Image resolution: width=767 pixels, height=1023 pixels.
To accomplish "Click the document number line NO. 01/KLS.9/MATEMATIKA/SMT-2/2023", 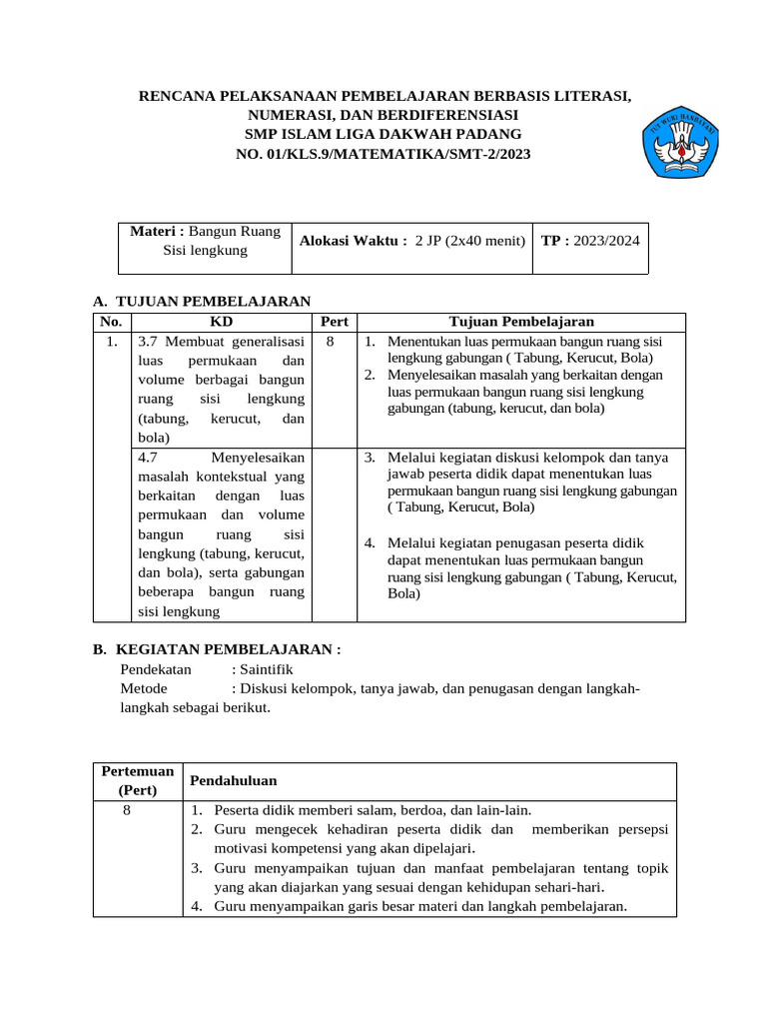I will coord(383,154).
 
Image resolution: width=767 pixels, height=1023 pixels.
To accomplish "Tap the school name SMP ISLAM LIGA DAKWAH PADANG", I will coord(383,134).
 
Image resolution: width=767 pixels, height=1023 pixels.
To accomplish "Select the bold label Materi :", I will coord(158,231).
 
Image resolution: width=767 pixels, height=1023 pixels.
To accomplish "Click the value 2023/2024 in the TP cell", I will coord(606,241).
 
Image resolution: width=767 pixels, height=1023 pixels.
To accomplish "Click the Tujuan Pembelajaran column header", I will coord(521,322).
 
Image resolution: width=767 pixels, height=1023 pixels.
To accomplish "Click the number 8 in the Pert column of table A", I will coord(329,341).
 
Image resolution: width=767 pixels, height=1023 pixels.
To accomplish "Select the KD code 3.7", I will coord(150,342).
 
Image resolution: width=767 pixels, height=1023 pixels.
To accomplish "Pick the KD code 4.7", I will coord(150,458).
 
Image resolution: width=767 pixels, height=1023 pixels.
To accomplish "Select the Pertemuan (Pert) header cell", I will coord(138,780).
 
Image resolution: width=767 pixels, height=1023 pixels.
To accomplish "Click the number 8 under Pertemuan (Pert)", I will coord(127,810).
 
